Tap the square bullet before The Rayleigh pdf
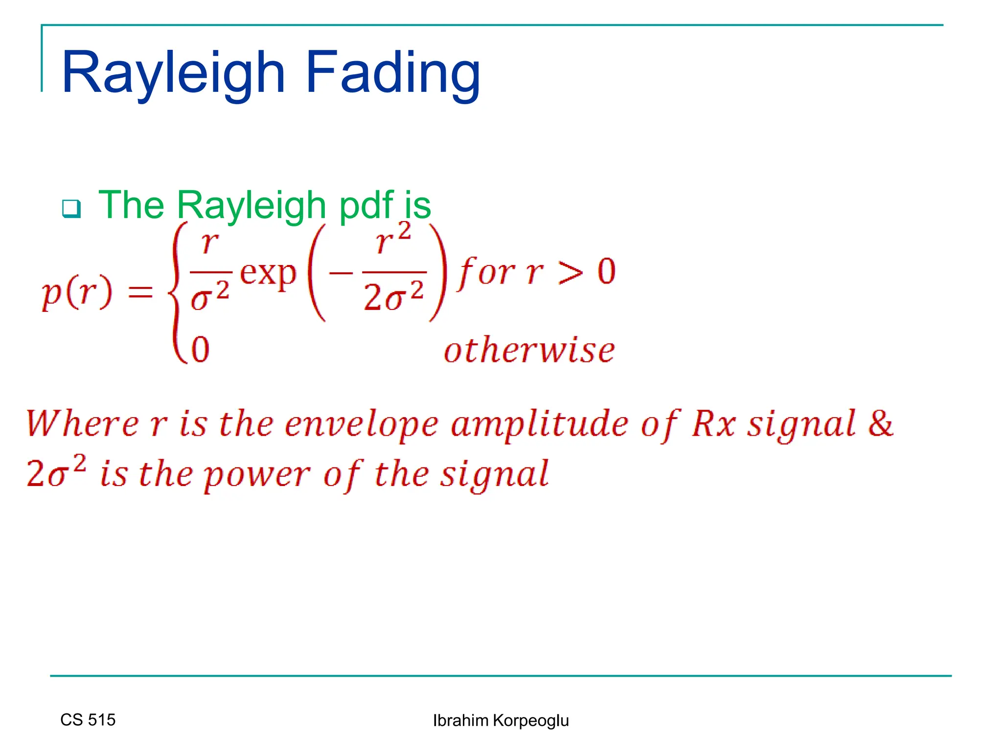71,209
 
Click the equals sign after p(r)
140,293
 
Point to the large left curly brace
178,292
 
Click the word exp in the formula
268,274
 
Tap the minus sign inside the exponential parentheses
341,273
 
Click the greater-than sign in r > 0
571,272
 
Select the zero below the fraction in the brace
201,350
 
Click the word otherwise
529,351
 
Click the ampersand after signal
881,423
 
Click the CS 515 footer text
88,720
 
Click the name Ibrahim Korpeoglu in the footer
501,721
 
